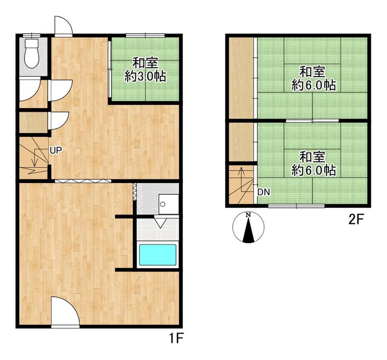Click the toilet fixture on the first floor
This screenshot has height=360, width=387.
(x=32, y=53)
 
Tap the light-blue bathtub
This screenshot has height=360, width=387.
(x=158, y=254)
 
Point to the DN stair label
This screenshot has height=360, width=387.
(x=264, y=192)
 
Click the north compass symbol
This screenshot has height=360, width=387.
(x=248, y=227)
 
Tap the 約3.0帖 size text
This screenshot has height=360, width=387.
(x=145, y=77)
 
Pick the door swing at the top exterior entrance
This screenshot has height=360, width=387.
(x=63, y=26)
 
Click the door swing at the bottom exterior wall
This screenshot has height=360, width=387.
(x=65, y=312)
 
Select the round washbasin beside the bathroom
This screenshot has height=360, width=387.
(x=163, y=204)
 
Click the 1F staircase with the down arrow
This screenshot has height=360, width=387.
(x=34, y=157)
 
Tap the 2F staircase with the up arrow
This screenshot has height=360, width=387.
(x=241, y=184)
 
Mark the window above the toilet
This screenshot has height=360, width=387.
(x=31, y=35)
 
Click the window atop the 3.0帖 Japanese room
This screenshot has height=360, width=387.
(x=145, y=35)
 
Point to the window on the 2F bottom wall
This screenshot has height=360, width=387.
(x=296, y=206)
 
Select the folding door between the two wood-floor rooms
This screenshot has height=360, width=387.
(x=83, y=181)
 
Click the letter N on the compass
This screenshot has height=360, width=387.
(x=248, y=215)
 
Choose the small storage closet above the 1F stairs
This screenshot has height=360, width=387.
(x=34, y=123)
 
